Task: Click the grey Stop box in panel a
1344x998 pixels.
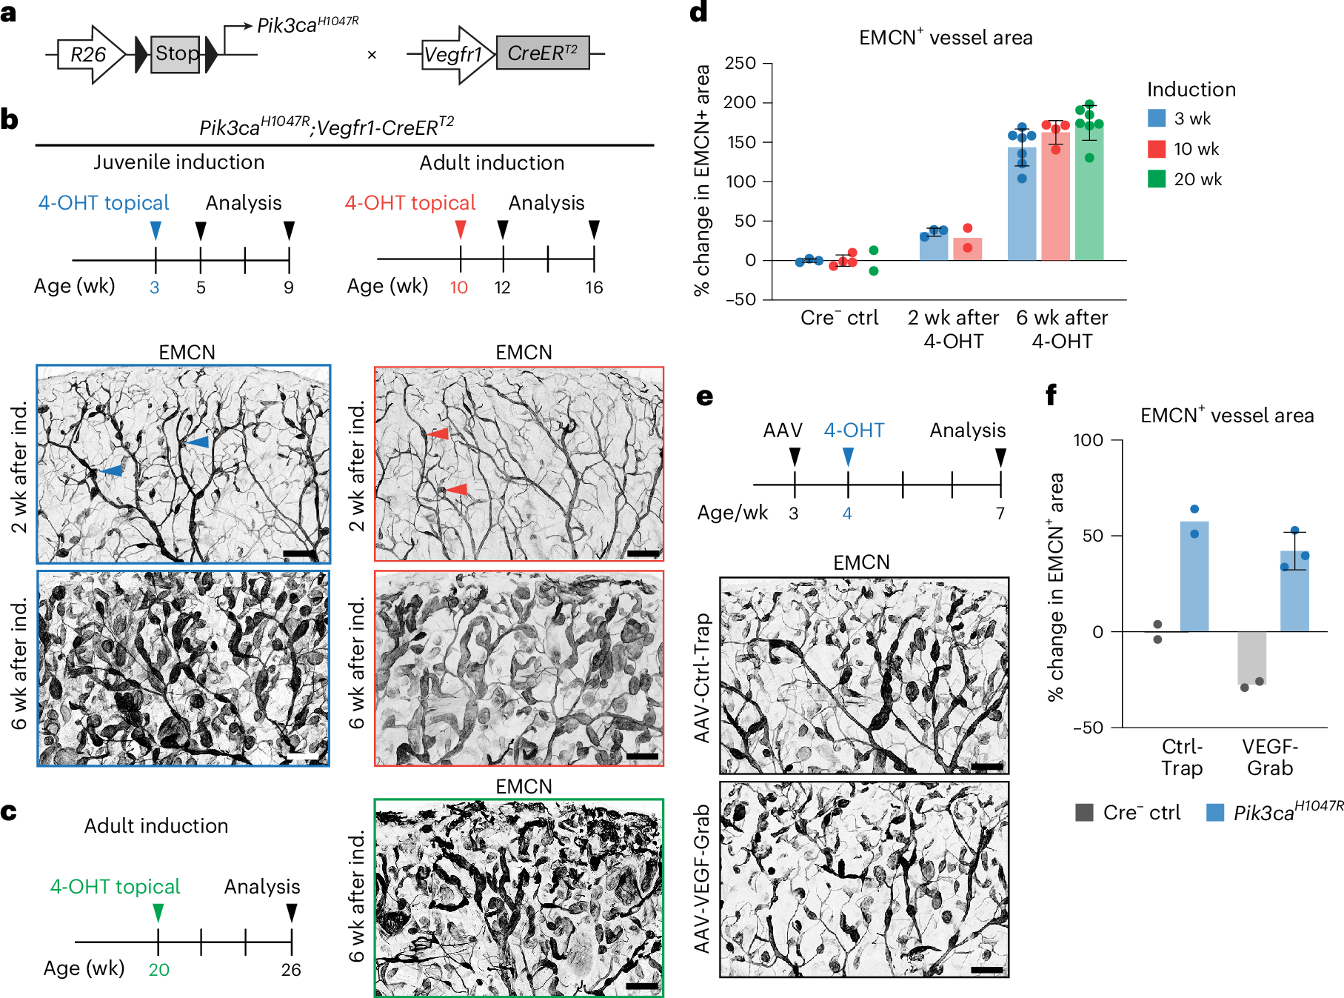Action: pyautogui.click(x=175, y=54)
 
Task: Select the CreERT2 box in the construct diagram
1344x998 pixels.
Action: pyautogui.click(x=542, y=53)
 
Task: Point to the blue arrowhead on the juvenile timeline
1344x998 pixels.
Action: pyautogui.click(x=156, y=230)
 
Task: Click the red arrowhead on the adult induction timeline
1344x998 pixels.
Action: pyautogui.click(x=461, y=229)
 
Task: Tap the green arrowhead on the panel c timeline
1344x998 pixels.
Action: pyautogui.click(x=158, y=912)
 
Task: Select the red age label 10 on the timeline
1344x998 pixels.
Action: pyautogui.click(x=459, y=287)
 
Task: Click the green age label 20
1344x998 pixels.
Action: pyautogui.click(x=158, y=970)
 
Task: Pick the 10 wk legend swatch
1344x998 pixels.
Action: pyautogui.click(x=1156, y=149)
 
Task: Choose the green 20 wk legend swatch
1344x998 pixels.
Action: pyautogui.click(x=1156, y=179)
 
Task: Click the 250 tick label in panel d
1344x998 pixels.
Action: pyautogui.click(x=740, y=64)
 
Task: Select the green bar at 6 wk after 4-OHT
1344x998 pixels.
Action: pyautogui.click(x=1089, y=196)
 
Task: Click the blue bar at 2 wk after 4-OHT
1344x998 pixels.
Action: pyautogui.click(x=934, y=246)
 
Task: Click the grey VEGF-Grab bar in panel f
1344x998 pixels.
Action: pyautogui.click(x=1251, y=658)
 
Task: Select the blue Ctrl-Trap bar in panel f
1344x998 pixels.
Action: pyautogui.click(x=1194, y=578)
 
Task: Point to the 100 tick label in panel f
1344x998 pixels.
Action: pyautogui.click(x=1089, y=441)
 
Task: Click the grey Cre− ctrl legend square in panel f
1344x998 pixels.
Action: pyautogui.click(x=1085, y=813)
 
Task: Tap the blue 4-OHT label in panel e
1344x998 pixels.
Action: pyautogui.click(x=854, y=430)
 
